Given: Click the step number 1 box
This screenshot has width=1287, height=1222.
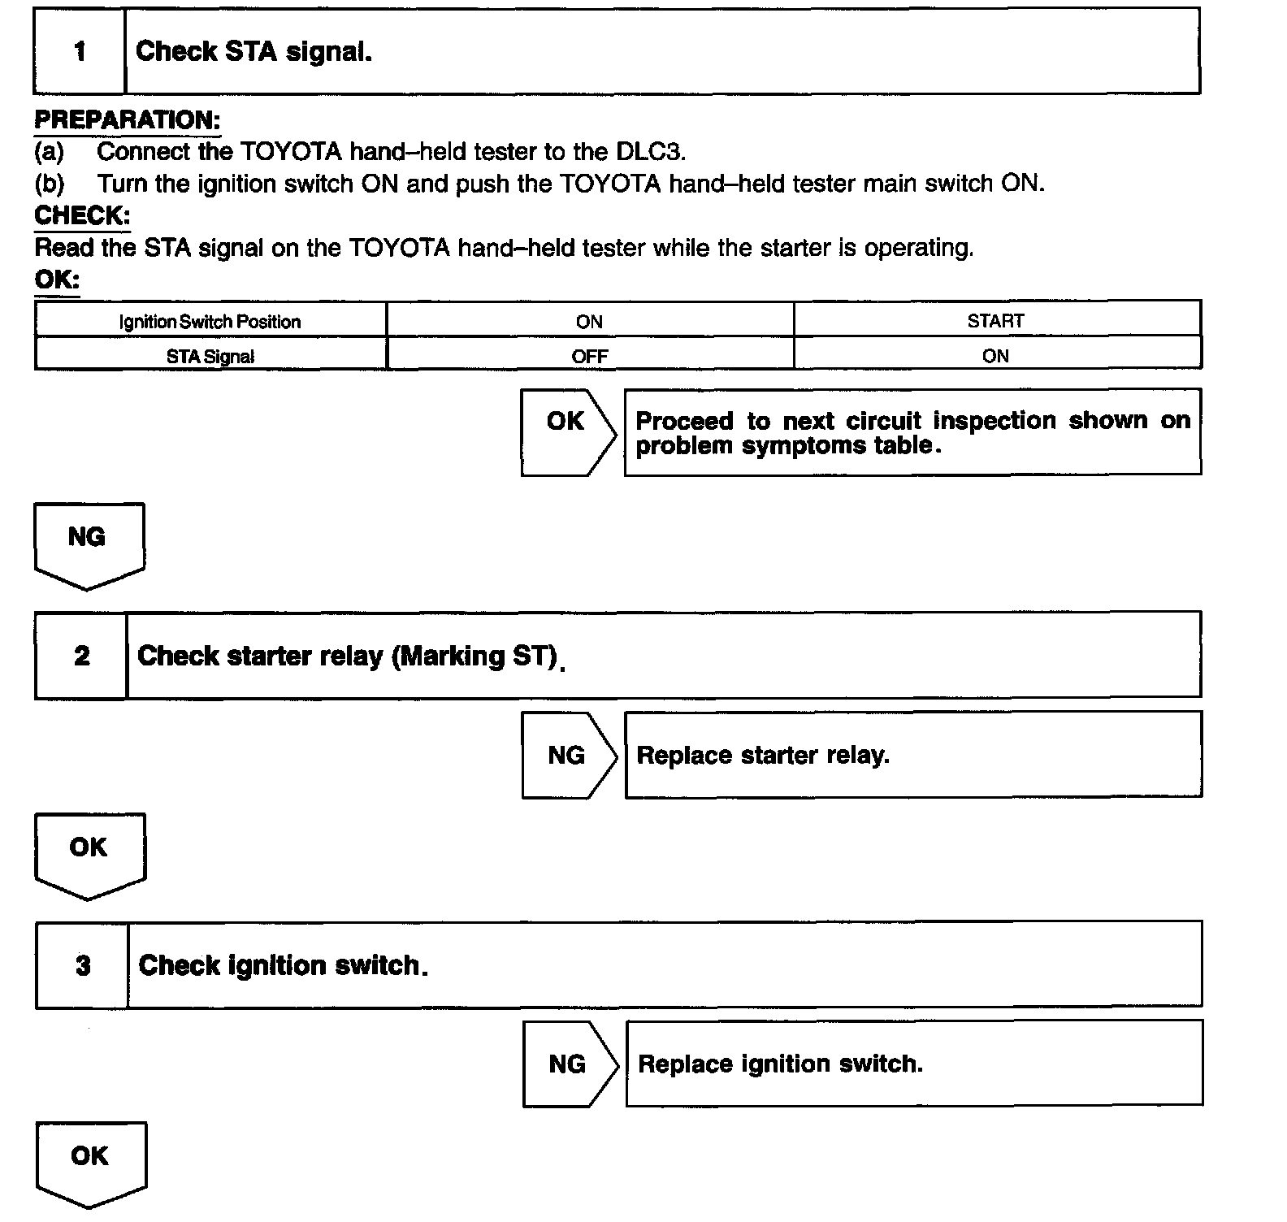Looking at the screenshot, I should [x=80, y=52].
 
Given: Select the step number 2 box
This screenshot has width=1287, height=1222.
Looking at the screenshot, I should [x=81, y=656].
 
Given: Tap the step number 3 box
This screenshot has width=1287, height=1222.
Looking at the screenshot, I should [x=82, y=965].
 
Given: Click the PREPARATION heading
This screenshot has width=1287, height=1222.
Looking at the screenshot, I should [x=127, y=120].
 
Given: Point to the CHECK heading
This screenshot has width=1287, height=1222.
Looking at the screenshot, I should [x=82, y=215].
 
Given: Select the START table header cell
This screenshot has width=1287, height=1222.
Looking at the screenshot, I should [x=995, y=321].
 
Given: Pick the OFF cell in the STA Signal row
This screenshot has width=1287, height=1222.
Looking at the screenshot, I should [x=589, y=356].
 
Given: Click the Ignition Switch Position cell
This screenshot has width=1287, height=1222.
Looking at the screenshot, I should [x=210, y=322].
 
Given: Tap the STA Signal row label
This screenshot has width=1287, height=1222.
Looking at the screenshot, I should [x=210, y=356].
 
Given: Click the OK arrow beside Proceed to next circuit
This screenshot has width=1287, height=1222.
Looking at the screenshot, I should [x=567, y=431].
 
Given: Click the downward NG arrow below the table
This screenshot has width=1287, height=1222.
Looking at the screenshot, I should [x=89, y=543].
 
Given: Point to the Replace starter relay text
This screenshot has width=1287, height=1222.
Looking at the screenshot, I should [x=763, y=756].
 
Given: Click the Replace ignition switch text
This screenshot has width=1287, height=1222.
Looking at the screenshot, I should [x=780, y=1064].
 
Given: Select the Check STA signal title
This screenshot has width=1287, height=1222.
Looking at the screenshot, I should [x=253, y=52].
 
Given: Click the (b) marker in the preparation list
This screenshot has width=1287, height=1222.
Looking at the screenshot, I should [x=49, y=184].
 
